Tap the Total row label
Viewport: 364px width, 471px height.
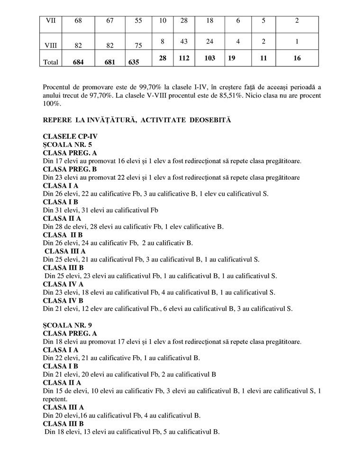(51, 62)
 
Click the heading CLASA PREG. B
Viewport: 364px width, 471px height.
(70, 169)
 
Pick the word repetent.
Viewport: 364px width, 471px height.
(56, 399)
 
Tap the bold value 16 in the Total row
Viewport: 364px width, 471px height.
(297, 58)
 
